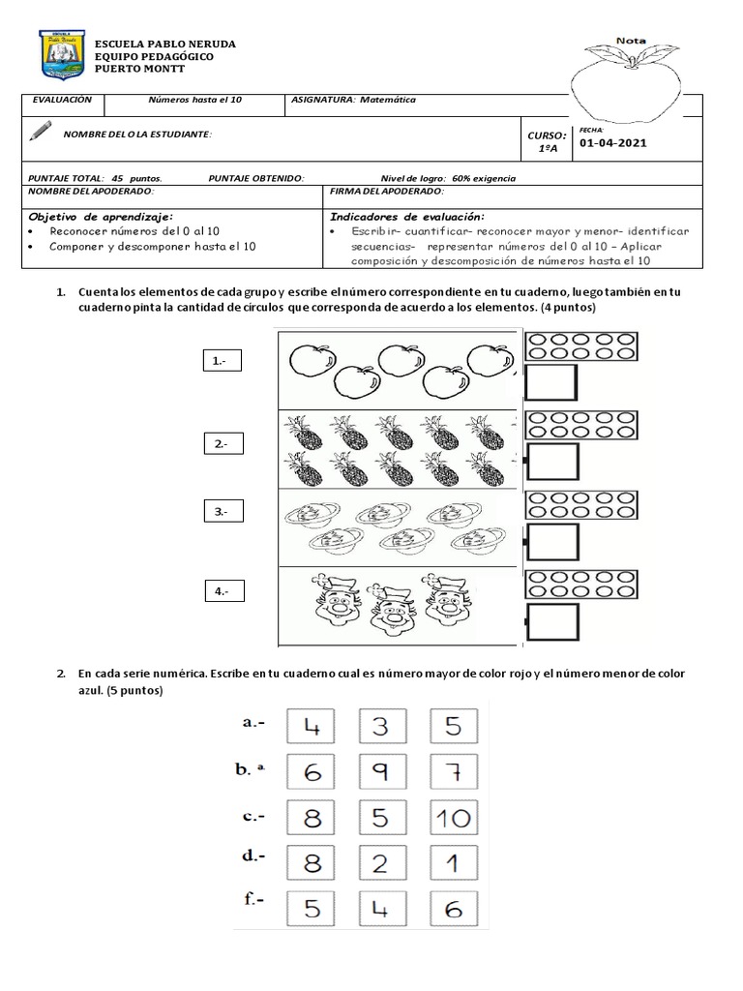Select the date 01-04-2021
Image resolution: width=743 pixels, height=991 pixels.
(x=613, y=143)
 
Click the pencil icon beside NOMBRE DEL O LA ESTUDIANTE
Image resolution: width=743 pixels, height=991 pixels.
(x=41, y=131)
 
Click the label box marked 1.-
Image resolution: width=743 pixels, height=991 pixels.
(x=223, y=361)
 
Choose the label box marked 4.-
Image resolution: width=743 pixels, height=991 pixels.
(x=223, y=589)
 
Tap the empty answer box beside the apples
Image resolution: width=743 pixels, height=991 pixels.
(x=550, y=383)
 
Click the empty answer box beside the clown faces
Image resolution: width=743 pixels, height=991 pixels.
(x=550, y=620)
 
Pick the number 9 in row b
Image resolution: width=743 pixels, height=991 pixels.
(x=379, y=772)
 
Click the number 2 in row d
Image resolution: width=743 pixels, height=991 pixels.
(x=379, y=863)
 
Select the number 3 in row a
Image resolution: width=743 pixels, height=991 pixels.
(x=379, y=727)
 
